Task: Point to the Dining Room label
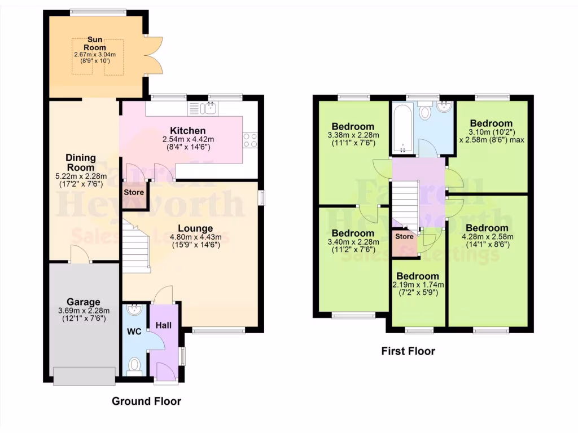(x=81, y=162)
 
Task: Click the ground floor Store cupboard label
(x=134, y=192)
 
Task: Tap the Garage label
(x=84, y=302)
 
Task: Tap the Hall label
(x=163, y=325)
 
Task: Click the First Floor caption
(x=408, y=351)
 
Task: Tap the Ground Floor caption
(x=146, y=401)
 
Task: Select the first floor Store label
(x=404, y=237)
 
